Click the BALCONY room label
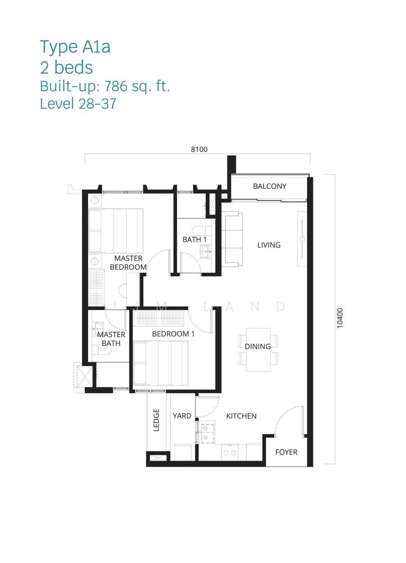click(x=270, y=186)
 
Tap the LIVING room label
click(x=269, y=245)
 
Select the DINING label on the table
click(x=258, y=346)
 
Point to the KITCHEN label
click(x=241, y=416)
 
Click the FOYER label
click(x=286, y=452)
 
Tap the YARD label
click(x=182, y=416)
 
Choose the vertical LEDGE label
click(x=156, y=420)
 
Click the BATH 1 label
click(x=195, y=239)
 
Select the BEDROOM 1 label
click(x=173, y=334)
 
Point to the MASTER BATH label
click(x=111, y=339)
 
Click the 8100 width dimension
click(x=199, y=149)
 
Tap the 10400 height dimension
click(x=340, y=318)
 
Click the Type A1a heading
click(x=75, y=47)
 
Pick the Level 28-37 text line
click(x=78, y=104)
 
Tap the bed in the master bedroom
click(x=116, y=230)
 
